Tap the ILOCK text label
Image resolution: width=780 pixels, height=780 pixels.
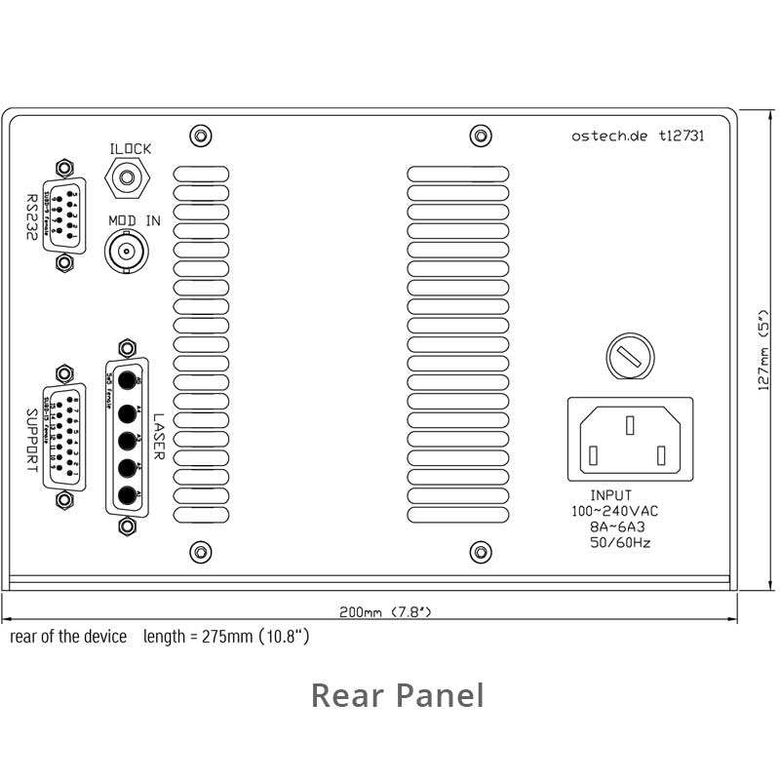point(131,148)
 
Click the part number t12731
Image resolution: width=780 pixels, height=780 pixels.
point(682,136)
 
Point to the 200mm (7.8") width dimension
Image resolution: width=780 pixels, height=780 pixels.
point(385,612)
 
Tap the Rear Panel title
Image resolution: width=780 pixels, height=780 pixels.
point(397,695)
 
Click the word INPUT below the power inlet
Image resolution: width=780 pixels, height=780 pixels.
point(611,495)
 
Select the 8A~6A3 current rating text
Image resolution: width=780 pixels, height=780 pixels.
point(617,526)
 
